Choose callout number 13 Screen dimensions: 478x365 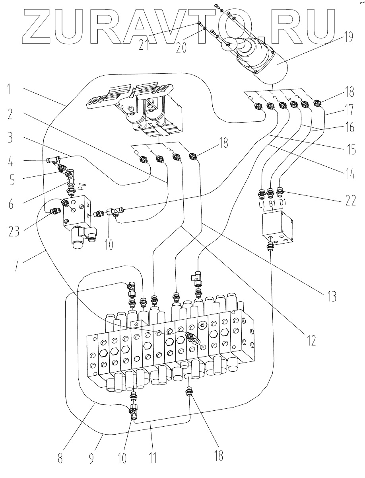332,296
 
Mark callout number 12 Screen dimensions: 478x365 311,339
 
